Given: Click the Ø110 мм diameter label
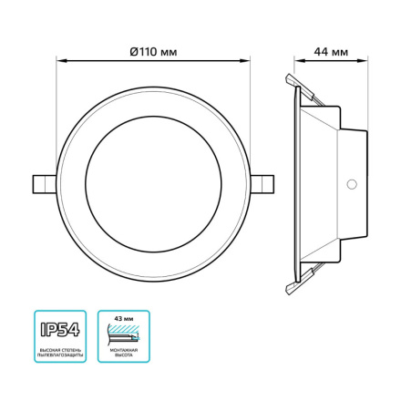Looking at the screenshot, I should coord(153,51).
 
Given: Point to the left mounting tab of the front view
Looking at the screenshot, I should coord(42,183).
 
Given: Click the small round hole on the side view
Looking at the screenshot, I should coord(351,183).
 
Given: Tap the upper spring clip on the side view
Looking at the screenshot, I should coord(296,85).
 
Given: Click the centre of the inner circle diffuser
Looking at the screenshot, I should coord(153,183).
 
